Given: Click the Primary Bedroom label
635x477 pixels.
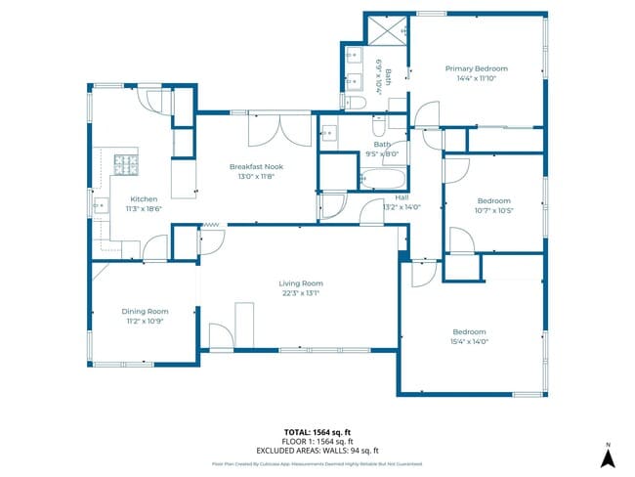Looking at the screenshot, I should tap(477, 68).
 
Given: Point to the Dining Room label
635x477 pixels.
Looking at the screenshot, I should tap(145, 311).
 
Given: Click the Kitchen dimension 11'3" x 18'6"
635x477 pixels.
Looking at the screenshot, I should tap(145, 208).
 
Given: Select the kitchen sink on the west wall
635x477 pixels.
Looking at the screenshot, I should tap(100, 205).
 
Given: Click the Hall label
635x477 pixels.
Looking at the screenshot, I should tap(402, 196).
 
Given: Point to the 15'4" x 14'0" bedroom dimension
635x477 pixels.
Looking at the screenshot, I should tap(469, 341).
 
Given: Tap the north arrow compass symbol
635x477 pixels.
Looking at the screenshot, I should tap(607, 455).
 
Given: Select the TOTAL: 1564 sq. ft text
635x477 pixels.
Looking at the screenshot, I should tap(317, 431).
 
